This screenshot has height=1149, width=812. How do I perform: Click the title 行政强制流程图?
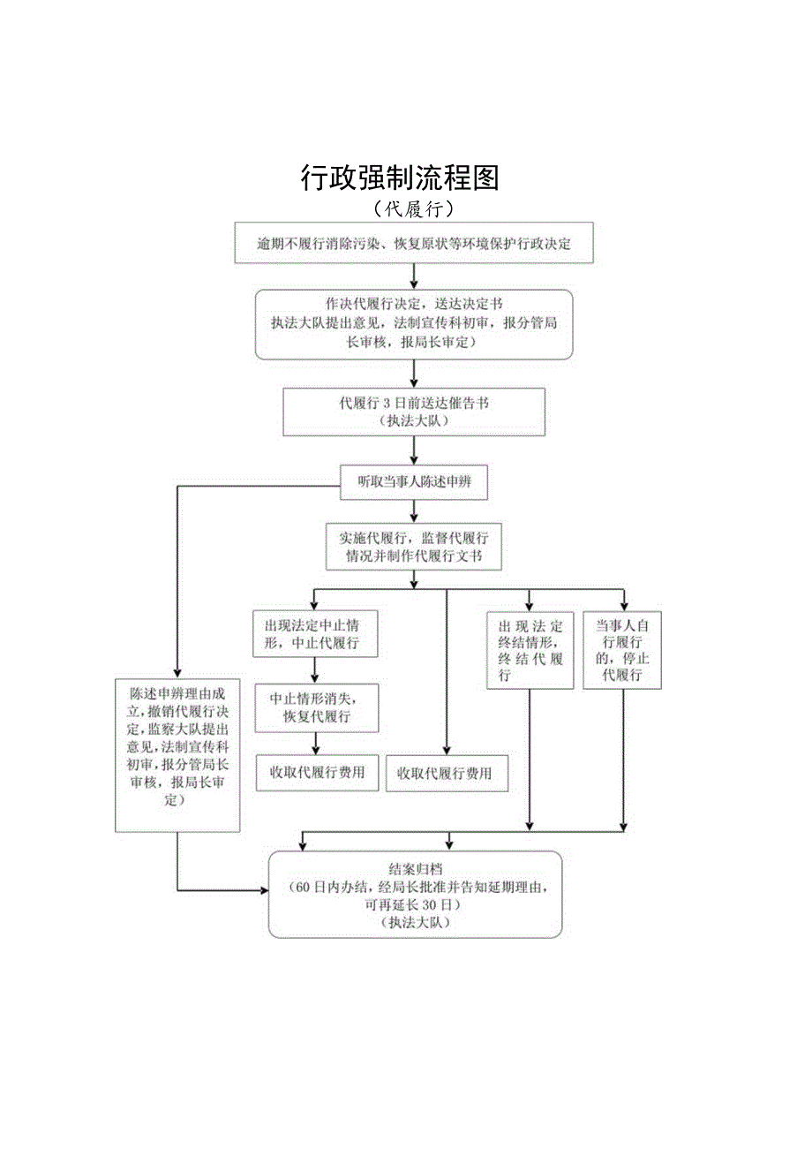tap(400, 178)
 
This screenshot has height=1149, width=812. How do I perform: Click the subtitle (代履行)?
tap(413, 209)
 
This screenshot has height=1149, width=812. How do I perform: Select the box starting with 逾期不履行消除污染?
tap(414, 244)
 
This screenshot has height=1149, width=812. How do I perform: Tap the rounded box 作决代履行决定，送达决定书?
tap(414, 324)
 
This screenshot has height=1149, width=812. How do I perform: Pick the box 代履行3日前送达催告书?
tap(414, 412)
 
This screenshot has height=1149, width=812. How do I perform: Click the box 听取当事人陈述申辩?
tap(414, 482)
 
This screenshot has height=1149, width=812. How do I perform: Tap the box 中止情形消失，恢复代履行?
tap(316, 707)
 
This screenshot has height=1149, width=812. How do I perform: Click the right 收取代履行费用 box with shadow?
tap(447, 774)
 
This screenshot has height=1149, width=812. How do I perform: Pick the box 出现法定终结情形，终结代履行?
tap(530, 651)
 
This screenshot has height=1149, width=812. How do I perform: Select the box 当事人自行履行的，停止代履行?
tap(622, 651)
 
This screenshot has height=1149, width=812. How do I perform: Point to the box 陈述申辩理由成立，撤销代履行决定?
tap(177, 754)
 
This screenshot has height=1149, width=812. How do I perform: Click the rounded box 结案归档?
tap(415, 894)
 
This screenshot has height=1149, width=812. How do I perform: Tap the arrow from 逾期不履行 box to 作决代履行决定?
tap(414, 277)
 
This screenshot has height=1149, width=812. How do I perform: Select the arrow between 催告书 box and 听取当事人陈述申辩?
tap(414, 451)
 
